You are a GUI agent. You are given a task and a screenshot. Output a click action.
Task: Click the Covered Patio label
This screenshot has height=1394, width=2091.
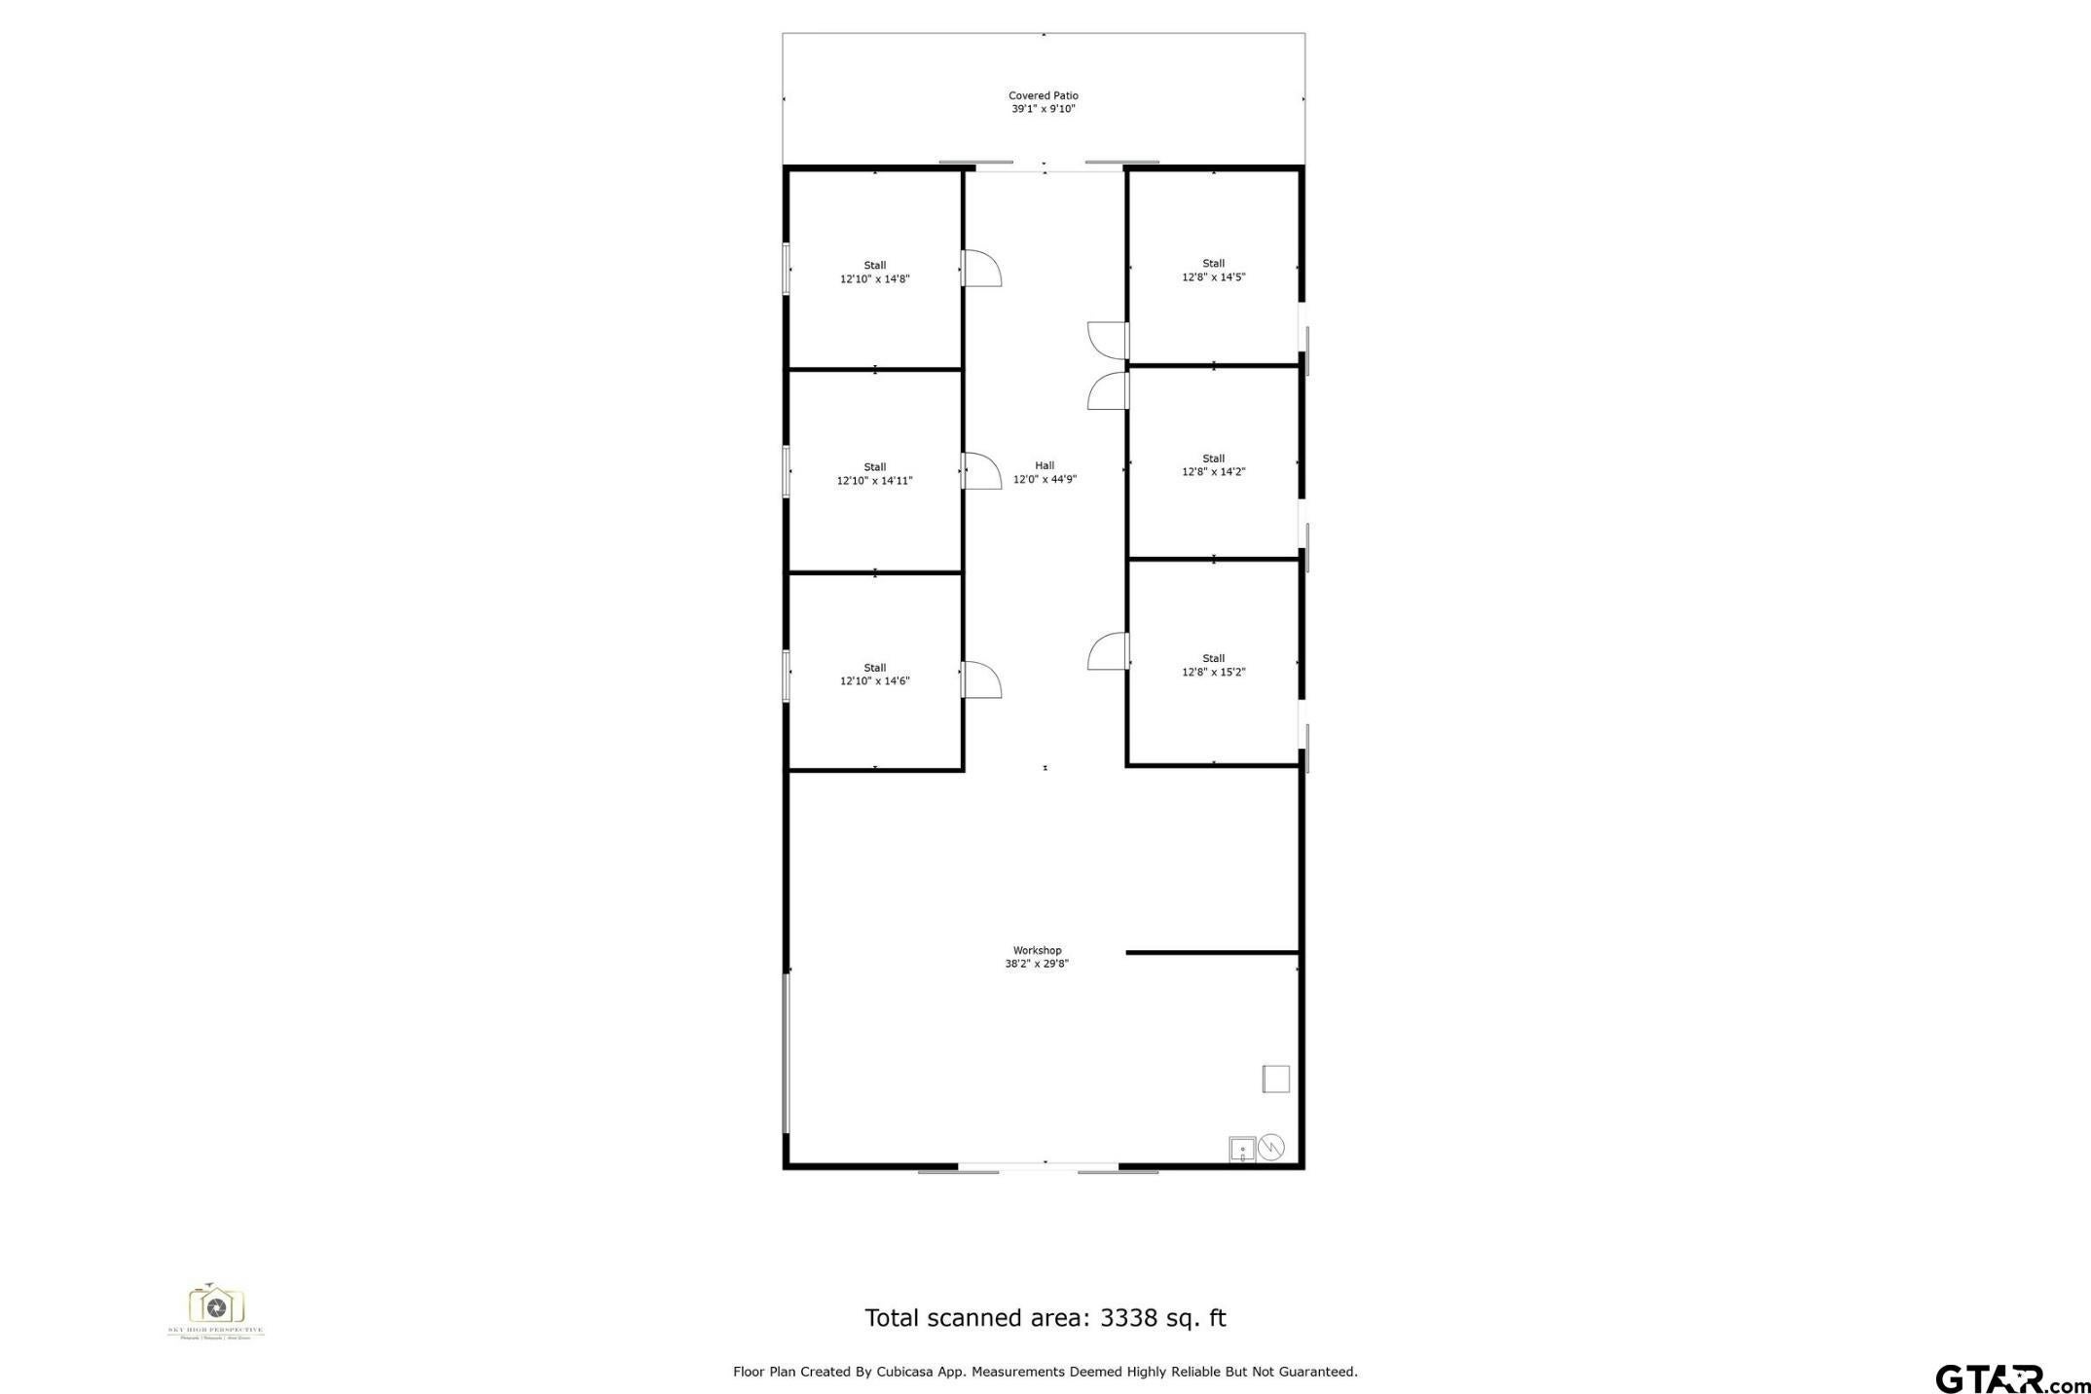pyautogui.click(x=1043, y=95)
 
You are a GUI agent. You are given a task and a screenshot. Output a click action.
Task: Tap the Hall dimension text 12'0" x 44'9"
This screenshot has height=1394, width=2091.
pyautogui.click(x=1045, y=479)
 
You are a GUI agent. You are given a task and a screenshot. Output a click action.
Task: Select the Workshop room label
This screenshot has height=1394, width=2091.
pyautogui.click(x=1037, y=950)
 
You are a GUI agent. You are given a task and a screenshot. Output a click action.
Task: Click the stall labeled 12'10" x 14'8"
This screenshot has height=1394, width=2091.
pyautogui.click(x=874, y=273)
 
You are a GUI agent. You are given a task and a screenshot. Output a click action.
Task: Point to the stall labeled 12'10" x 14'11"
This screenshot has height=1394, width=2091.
pyautogui.click(x=874, y=474)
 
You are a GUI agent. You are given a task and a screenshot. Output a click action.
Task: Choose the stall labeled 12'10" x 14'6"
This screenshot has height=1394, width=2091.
pyautogui.click(x=874, y=675)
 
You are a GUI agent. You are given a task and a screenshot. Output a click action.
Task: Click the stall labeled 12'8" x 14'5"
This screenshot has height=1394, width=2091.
pyautogui.click(x=1213, y=271)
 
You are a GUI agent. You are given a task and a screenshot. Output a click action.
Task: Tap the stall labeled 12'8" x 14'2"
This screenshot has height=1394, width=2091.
pyautogui.click(x=1213, y=465)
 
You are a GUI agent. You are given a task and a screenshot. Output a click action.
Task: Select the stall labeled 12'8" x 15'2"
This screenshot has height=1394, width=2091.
pyautogui.click(x=1213, y=666)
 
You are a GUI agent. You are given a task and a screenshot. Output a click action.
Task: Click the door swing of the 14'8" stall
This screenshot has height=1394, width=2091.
pyautogui.click(x=981, y=269)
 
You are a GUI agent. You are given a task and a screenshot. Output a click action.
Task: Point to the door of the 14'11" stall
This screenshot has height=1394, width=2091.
pyautogui.click(x=981, y=471)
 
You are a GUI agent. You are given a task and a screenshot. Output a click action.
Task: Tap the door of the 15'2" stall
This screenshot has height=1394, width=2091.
pyautogui.click(x=1108, y=651)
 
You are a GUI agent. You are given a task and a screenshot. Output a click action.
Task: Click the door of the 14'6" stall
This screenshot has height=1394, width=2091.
pyautogui.click(x=981, y=679)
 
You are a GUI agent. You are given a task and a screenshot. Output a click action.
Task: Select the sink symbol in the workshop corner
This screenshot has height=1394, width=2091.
pyautogui.click(x=1241, y=1149)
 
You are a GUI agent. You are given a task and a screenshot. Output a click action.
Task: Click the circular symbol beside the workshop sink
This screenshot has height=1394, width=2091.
pyautogui.click(x=1271, y=1148)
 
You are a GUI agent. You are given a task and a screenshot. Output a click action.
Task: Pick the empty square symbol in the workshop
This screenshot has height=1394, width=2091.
pyautogui.click(x=1275, y=1079)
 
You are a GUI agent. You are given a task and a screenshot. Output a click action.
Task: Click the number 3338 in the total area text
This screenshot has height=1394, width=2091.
pyautogui.click(x=1129, y=1318)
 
